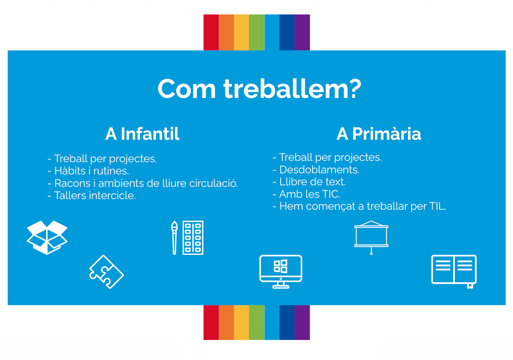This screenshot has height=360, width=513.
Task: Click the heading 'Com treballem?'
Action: (x=259, y=89)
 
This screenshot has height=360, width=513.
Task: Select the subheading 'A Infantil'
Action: (x=142, y=134)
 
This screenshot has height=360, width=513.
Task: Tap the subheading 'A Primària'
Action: (x=379, y=134)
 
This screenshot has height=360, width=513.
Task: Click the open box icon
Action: (x=47, y=237)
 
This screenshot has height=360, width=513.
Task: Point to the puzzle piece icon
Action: (x=106, y=272)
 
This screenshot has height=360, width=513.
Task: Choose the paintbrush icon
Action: (x=174, y=237)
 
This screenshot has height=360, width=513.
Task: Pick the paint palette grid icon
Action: (x=193, y=237)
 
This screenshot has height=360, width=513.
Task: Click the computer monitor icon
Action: (x=280, y=271)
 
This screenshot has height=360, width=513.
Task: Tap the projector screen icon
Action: (x=371, y=237)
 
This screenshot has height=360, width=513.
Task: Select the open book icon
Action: (x=454, y=271)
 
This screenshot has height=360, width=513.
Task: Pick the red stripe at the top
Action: (x=211, y=32)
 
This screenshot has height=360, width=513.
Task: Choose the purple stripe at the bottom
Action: (x=302, y=322)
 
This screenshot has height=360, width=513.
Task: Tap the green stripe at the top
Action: (x=257, y=32)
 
